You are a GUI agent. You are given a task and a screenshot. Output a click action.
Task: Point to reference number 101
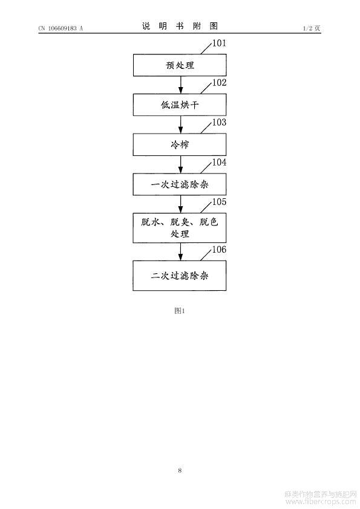(x=219, y=43)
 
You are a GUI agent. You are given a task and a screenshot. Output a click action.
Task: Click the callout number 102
(x=219, y=83)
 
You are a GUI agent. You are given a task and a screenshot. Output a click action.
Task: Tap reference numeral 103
(x=219, y=122)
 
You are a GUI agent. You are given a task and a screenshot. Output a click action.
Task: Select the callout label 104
(x=219, y=162)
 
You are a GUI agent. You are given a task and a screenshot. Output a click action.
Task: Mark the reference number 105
(x=219, y=202)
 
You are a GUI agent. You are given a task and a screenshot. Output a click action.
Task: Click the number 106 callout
(x=219, y=250)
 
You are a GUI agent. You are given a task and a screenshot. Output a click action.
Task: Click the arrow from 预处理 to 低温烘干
(x=181, y=85)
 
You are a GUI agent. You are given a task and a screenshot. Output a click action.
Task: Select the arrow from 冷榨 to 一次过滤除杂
(x=181, y=164)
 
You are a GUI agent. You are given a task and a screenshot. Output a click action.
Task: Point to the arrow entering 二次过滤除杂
(x=181, y=252)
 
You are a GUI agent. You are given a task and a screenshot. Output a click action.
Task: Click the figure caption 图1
(x=180, y=311)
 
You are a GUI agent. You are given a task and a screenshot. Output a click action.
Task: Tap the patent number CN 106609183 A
(x=61, y=28)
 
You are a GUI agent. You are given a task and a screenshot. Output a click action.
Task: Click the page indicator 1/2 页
(x=312, y=28)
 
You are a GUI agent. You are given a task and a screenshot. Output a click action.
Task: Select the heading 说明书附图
(x=180, y=26)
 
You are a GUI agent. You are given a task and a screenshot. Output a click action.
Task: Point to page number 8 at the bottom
(x=180, y=470)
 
